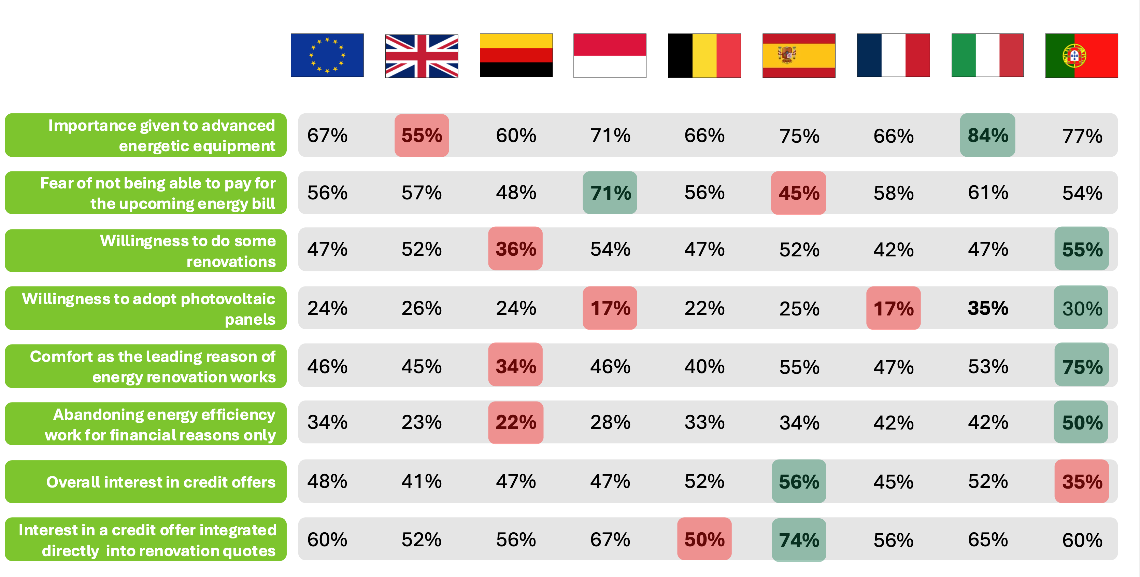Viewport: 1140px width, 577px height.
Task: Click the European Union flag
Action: [327, 55]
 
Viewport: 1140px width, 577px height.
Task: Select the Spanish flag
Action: [799, 56]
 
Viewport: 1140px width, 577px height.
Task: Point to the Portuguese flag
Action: [1081, 56]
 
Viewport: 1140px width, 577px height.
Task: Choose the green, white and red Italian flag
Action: [987, 55]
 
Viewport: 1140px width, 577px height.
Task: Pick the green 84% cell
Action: [987, 135]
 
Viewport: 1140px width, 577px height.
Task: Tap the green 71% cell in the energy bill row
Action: [610, 193]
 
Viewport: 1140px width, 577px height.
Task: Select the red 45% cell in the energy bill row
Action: [798, 193]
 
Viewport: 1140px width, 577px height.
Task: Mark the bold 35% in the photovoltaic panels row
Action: [987, 308]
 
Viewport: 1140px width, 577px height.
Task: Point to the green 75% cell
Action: [1082, 366]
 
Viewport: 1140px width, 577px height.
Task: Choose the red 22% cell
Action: [516, 422]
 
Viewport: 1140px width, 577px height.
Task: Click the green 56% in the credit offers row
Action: [799, 481]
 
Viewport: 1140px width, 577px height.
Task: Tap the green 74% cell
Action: [799, 540]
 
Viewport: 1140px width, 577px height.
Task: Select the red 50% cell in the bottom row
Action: [704, 539]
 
